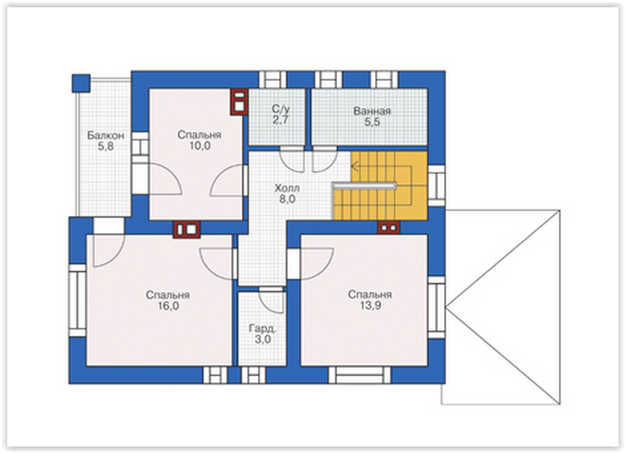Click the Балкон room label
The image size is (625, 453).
(x=106, y=136)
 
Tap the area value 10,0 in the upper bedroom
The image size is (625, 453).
(x=200, y=146)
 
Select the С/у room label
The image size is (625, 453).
(x=281, y=109)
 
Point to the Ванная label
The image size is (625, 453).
(x=372, y=112)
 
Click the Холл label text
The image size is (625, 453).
(x=287, y=188)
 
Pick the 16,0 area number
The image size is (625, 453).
(x=168, y=307)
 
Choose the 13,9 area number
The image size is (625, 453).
(x=370, y=306)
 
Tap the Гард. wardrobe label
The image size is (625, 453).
(x=263, y=328)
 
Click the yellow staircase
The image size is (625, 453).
(x=380, y=185)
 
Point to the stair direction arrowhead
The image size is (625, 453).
(x=354, y=165)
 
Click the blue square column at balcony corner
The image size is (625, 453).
(x=82, y=83)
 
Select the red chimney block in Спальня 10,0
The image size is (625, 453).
(x=239, y=102)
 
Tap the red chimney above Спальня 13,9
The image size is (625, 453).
(x=389, y=227)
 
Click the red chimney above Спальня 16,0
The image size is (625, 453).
(x=187, y=230)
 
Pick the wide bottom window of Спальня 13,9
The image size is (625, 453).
(x=359, y=375)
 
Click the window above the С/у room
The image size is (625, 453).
(x=273, y=80)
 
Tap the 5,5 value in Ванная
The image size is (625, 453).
(x=372, y=122)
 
